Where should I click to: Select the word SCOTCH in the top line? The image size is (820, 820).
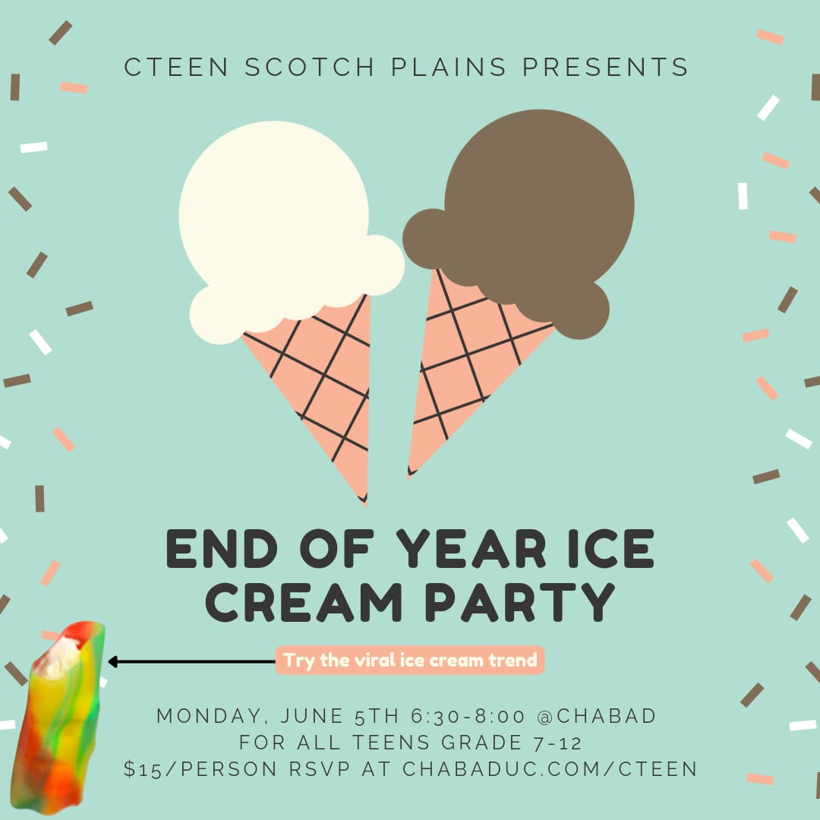[309, 67]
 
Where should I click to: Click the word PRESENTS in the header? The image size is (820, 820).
[605, 67]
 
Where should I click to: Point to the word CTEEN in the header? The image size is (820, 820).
[176, 67]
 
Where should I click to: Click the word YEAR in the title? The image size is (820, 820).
[471, 549]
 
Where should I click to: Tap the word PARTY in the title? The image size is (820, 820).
[520, 602]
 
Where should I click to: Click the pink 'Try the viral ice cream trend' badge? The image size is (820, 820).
[410, 660]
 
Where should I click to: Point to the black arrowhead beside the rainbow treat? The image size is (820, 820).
[112, 661]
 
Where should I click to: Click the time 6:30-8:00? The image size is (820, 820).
[468, 716]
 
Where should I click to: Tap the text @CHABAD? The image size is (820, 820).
[596, 716]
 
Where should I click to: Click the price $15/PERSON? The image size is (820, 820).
[200, 769]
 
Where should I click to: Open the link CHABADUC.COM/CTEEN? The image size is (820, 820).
[550, 769]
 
